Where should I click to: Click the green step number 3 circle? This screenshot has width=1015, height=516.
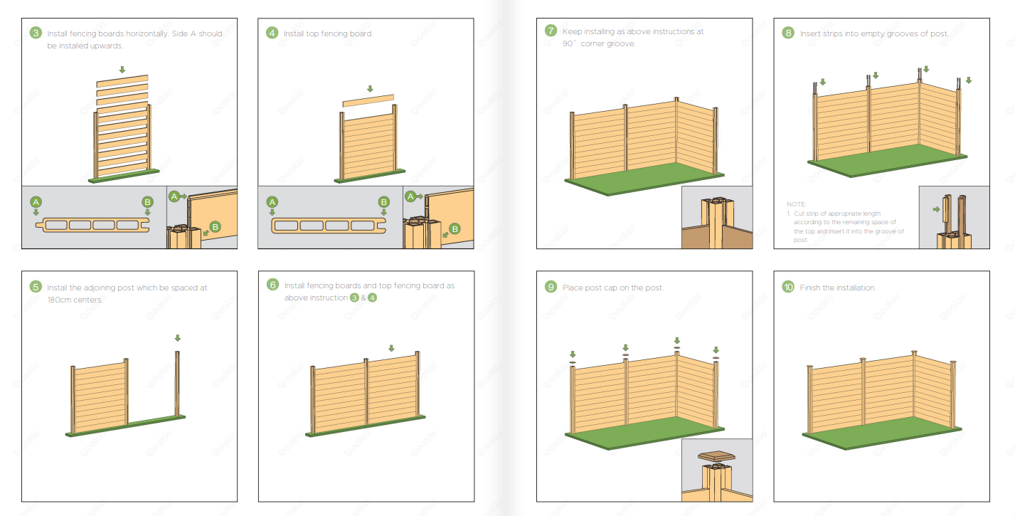36,33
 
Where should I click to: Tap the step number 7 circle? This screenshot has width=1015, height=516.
551,31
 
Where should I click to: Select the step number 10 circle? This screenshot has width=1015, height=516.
788,287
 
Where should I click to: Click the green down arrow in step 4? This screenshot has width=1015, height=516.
370,89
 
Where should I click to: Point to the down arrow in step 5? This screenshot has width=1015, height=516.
178,338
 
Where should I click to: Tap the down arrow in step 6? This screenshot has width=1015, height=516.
391,348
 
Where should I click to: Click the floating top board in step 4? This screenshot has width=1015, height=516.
368,100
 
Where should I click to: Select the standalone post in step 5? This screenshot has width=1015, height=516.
178,384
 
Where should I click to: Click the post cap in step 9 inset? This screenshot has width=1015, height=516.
716,456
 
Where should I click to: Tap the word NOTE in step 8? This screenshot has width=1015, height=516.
796,204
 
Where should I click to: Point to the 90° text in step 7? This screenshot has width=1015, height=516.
569,43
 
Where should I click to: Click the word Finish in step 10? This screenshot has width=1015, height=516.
810,288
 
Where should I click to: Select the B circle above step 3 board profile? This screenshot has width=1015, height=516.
147,202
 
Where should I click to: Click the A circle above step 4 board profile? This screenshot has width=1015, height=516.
272,202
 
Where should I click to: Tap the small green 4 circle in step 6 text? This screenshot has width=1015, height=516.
372,298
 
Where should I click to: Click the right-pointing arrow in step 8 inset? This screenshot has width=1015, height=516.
936,209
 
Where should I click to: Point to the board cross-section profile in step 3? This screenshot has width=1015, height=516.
93,225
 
